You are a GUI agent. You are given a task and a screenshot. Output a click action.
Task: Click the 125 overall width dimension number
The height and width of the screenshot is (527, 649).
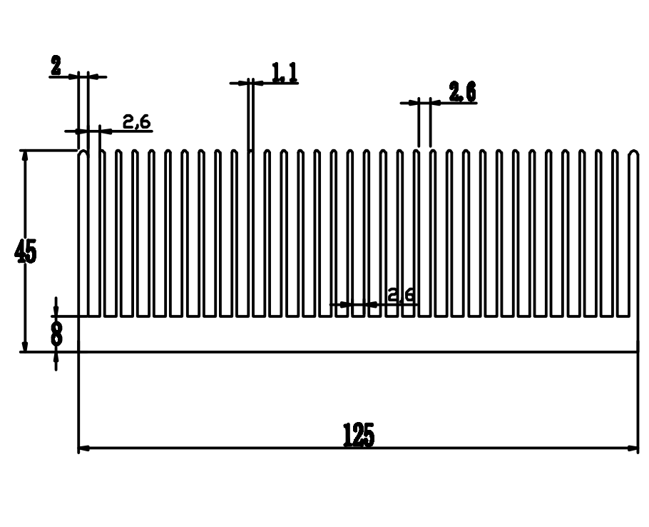(x=358, y=435)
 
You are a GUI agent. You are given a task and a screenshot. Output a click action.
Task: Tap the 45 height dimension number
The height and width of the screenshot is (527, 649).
(x=26, y=252)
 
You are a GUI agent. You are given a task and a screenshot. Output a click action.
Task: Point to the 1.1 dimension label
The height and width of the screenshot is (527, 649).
(x=284, y=72)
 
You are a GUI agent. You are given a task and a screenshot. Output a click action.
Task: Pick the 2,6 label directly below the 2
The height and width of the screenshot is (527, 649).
(x=136, y=122)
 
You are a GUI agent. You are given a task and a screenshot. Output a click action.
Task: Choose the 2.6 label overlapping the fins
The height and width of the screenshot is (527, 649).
(x=401, y=294)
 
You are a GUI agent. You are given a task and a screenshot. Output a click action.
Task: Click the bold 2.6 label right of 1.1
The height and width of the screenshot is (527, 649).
(x=462, y=92)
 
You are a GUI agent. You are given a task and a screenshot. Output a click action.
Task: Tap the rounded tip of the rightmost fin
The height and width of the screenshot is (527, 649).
(x=633, y=152)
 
